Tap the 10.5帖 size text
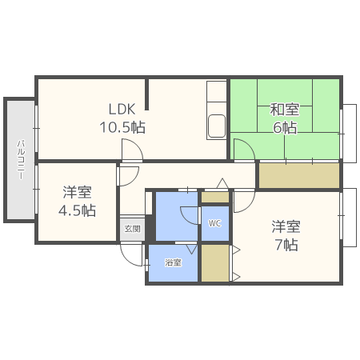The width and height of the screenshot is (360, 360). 122,127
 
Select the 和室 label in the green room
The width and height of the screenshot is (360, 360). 284,109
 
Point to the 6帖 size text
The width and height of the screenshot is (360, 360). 285,127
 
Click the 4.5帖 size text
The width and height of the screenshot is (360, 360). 78,210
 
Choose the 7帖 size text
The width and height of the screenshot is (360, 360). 285,245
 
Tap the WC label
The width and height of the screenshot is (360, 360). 214,224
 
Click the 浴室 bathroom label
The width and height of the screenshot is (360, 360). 173,262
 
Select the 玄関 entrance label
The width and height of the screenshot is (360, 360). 132,229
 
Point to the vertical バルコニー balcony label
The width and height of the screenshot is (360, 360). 19,160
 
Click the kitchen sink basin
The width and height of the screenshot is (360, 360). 216,126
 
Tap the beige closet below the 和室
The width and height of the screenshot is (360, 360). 298,175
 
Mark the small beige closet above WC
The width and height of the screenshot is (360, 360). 214,197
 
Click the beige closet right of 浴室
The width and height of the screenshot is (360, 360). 214,263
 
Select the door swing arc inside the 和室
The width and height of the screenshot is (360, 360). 240,148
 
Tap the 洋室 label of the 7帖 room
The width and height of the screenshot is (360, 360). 285,226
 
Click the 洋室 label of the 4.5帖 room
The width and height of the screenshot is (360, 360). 78,192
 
